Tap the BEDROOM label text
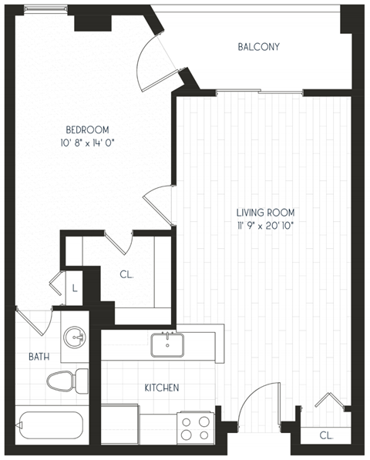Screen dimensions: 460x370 [86, 129]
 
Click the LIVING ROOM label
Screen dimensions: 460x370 [265, 212]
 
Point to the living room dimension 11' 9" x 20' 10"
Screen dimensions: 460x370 [265, 225]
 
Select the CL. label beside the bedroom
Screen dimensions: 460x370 [126, 273]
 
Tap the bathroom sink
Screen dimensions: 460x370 [76, 337]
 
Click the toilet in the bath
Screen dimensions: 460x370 [68, 380]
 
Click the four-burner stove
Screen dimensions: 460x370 [196, 427]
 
